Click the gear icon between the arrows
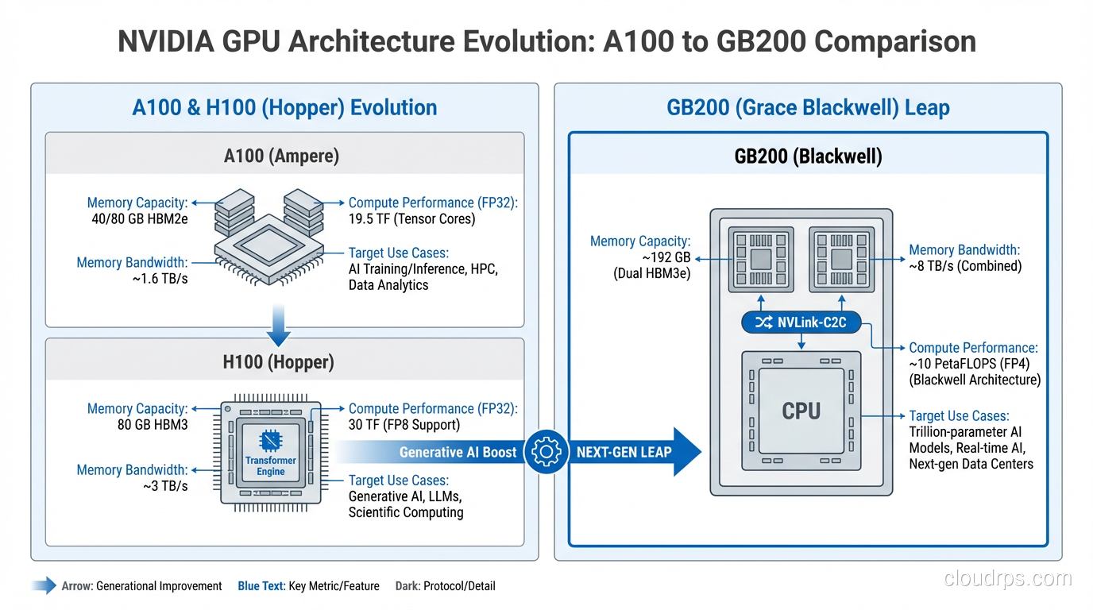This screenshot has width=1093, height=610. (546, 452)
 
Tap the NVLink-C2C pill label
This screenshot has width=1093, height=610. (801, 322)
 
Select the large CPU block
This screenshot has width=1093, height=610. (801, 411)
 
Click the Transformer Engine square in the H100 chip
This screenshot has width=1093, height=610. (270, 455)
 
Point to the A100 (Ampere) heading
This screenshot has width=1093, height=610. (281, 156)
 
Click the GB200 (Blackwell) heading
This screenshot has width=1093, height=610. (808, 156)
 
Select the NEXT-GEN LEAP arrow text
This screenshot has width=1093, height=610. (624, 452)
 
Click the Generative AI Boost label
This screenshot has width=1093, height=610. (458, 452)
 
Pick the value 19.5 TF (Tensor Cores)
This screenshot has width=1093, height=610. (411, 219)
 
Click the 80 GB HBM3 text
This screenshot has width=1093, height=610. (153, 425)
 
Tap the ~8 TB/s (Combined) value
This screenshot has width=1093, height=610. (965, 266)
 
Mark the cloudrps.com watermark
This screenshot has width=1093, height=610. (1008, 578)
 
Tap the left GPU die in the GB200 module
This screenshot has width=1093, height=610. (760, 259)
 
